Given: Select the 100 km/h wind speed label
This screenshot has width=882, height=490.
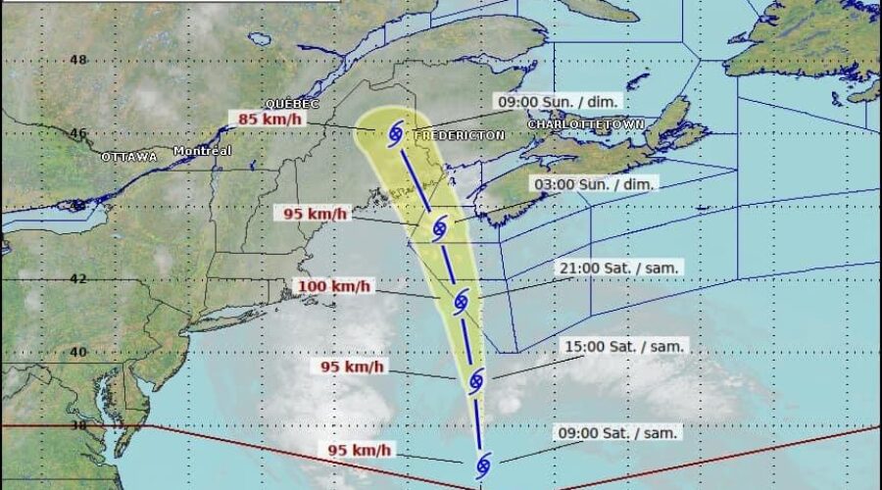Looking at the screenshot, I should [333, 286].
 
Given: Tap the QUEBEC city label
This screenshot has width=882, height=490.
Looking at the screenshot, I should [292, 104].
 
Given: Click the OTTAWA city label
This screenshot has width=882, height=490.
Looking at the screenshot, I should [128, 157].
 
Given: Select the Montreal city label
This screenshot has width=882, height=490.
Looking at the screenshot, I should [202, 151].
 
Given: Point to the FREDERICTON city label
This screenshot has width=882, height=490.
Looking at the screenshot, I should [459, 134].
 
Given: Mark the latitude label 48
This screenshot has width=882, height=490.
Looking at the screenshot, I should [78, 59].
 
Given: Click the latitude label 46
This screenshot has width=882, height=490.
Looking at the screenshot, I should [78, 133].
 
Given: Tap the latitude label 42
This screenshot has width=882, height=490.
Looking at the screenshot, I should [78, 278].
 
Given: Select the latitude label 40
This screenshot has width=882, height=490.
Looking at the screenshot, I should [78, 352].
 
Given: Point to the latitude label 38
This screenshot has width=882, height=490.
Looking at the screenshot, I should [78, 426].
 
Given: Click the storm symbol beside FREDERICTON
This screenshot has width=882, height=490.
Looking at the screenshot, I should [395, 132].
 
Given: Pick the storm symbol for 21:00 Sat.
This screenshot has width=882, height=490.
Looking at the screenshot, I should [462, 301].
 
